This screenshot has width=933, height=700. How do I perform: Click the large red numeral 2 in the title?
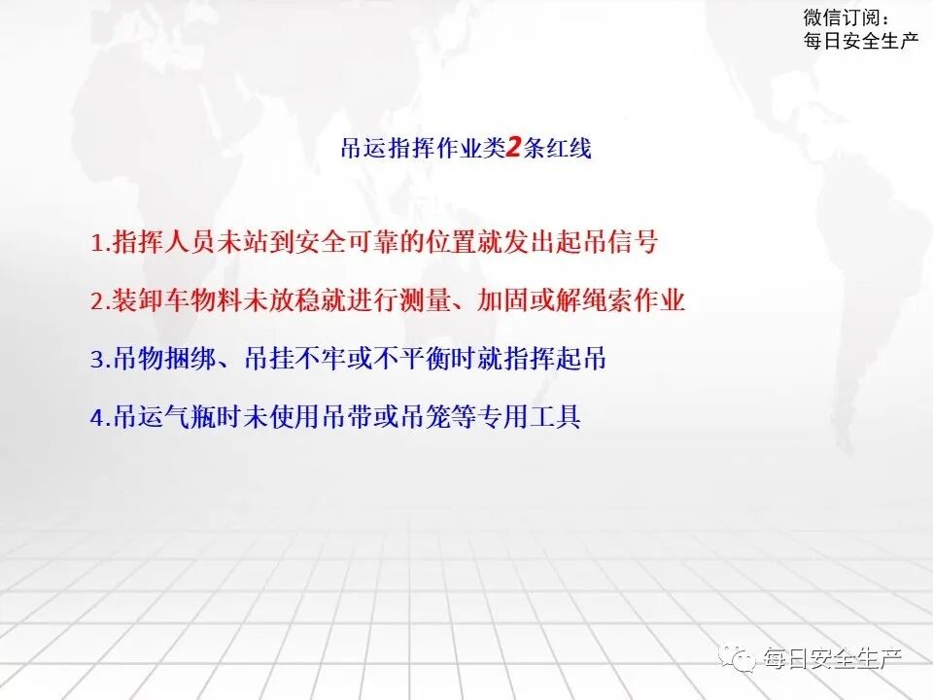coord(515,149)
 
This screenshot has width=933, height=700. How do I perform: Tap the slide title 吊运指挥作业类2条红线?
coord(466,149)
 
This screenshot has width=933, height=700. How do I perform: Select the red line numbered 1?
coord(374,242)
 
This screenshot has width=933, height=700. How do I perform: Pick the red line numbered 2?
coord(388,300)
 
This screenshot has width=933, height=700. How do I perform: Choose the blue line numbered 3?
coord(348,359)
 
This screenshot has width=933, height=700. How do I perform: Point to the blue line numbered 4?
coord(335,417)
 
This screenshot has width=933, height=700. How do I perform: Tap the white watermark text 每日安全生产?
coord(833,659)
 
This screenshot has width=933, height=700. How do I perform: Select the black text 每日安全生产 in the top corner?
coord(861,41)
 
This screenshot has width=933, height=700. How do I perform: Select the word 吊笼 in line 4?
coord(442,417)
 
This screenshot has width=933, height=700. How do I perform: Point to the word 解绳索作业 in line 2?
coord(628,300)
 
